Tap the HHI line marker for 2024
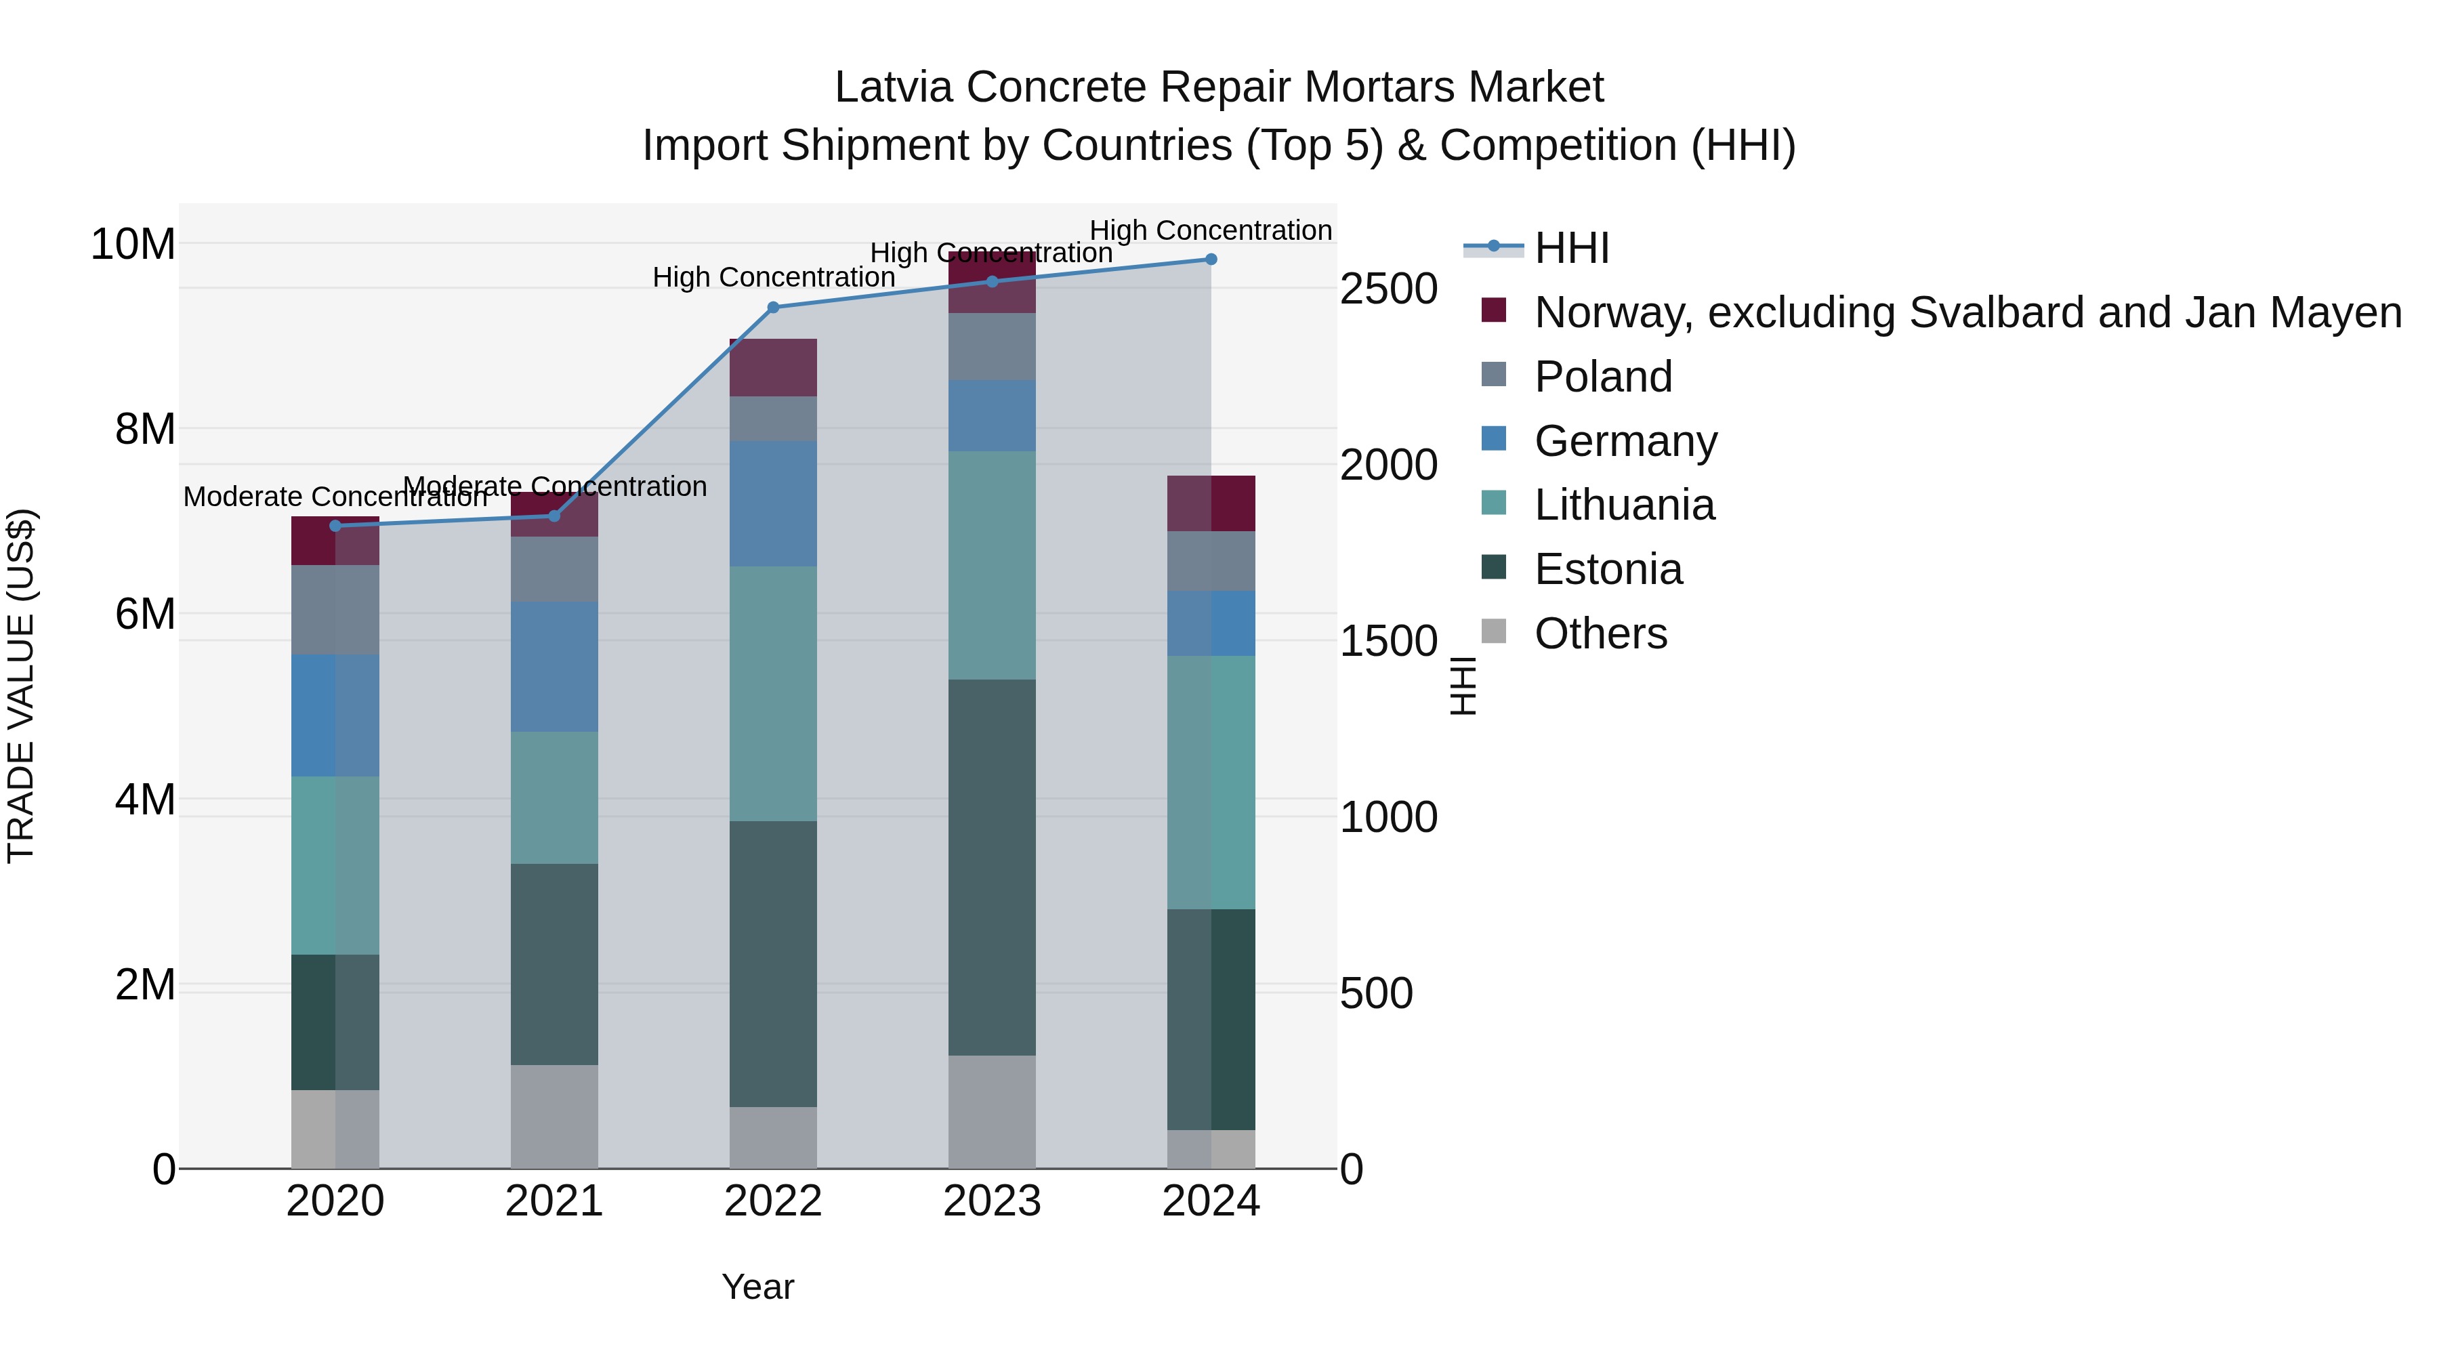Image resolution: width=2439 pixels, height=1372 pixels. (1210, 259)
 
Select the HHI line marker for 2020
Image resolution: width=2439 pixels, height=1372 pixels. (335, 526)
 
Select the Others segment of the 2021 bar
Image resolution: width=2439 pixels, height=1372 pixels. (554, 1117)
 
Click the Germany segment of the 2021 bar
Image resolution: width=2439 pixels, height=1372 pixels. (554, 667)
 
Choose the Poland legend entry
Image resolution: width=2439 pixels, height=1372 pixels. (1602, 377)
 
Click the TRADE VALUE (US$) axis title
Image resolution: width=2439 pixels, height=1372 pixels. (21, 686)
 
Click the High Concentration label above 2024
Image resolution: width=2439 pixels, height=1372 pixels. (1210, 230)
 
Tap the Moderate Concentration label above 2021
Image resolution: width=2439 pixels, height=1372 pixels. (555, 486)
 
